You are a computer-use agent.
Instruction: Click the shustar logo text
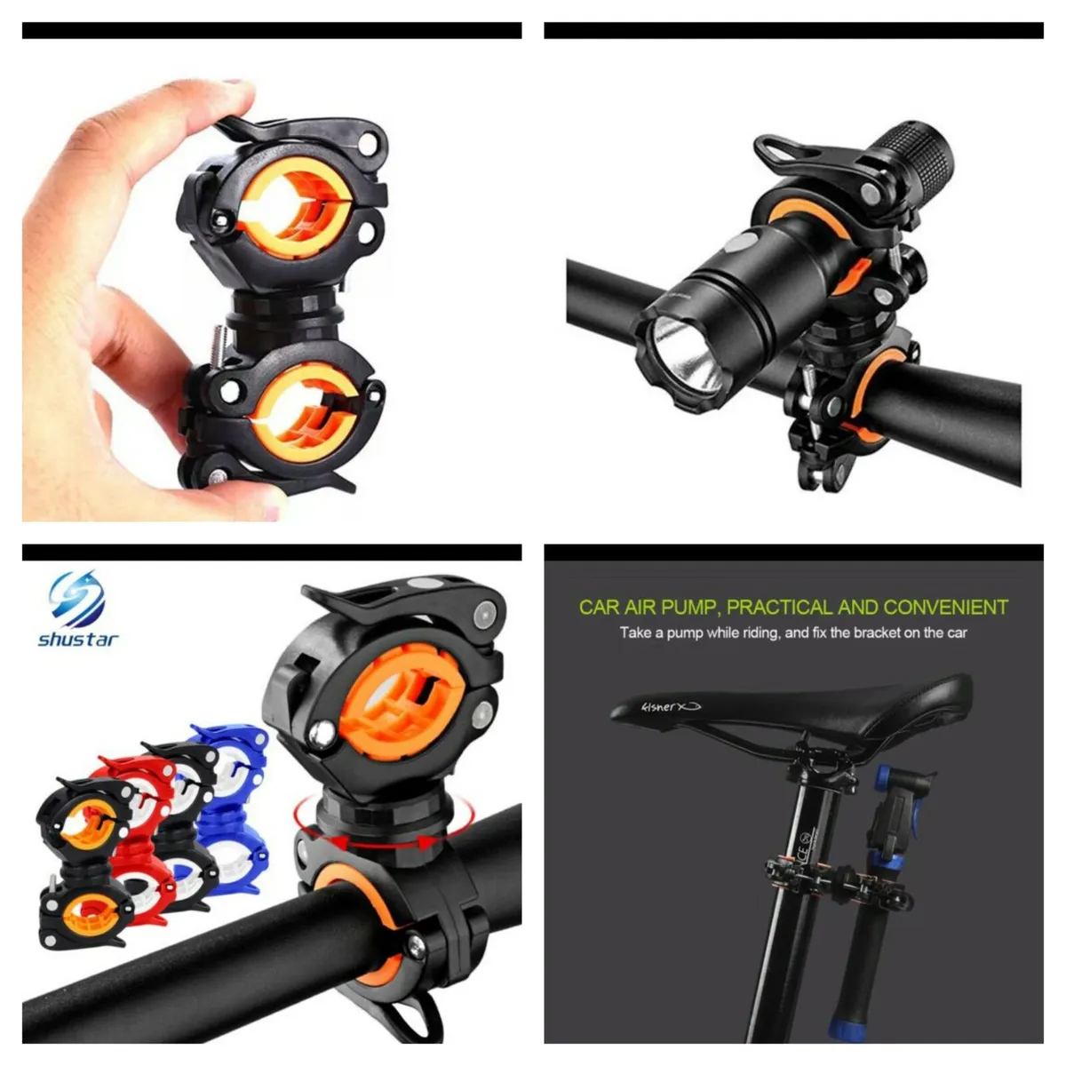click(78, 639)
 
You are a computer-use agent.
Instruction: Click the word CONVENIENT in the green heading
click(947, 608)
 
